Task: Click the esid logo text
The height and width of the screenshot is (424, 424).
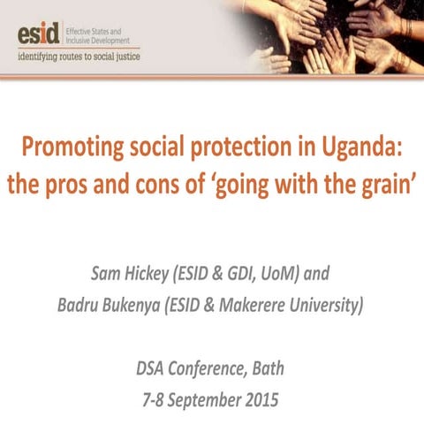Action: point(38,35)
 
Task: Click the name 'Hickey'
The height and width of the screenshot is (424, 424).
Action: point(162,274)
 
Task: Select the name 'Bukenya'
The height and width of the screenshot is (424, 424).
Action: point(155,307)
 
